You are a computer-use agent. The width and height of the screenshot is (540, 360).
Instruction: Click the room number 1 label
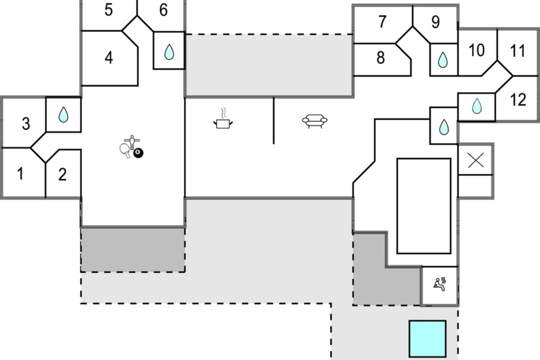21,174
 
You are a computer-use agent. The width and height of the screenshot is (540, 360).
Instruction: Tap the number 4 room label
109,58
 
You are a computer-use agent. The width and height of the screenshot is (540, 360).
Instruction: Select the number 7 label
382,22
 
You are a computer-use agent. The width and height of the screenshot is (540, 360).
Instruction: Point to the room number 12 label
518,99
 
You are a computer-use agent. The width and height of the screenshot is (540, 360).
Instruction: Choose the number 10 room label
477,50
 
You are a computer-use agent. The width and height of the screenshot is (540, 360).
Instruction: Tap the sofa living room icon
315,121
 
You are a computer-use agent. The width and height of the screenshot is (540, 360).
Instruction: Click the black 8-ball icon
138,153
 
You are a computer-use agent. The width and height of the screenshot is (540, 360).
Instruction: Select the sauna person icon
440,284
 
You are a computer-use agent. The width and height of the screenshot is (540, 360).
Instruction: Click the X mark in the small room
476,160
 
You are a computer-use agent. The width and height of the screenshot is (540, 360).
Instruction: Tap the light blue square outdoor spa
427,339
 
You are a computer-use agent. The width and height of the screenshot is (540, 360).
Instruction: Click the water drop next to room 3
63,115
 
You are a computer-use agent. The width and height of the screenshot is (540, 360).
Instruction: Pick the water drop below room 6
169,52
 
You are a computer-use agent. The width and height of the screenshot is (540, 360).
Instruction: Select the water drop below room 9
443,60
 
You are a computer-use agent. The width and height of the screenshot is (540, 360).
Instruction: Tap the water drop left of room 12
477,106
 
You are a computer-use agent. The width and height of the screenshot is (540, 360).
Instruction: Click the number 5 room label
109,10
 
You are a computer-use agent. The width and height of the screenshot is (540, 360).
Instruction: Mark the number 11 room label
517,51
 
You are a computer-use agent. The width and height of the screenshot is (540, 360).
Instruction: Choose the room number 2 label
63,174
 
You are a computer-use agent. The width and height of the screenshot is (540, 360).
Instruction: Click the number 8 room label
381,58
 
